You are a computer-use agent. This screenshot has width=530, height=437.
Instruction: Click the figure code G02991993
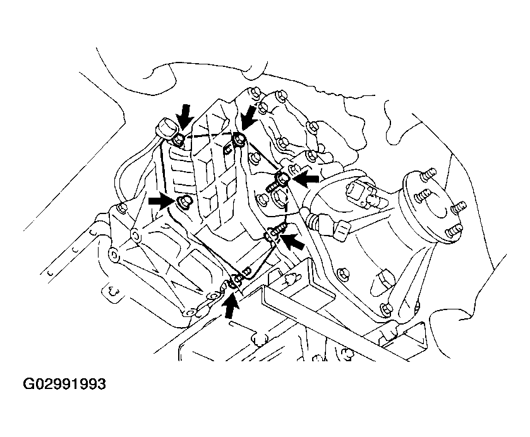click(64, 383)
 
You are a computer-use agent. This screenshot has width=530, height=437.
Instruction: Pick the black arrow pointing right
click(160, 201)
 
